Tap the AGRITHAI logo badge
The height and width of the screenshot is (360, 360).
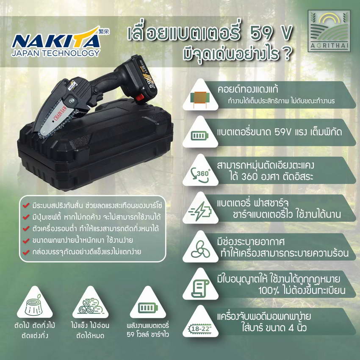pos(329,31)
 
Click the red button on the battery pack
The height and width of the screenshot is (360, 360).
pos(139,97)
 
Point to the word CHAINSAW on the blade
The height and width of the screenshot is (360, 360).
pos(60,115)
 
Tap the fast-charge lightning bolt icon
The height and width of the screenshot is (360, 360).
pos(200,211)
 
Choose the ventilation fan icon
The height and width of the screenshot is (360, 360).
pos(200,249)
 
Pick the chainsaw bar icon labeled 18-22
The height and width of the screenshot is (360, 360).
pos(200,329)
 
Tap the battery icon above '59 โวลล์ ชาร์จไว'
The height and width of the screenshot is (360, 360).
pos(148,307)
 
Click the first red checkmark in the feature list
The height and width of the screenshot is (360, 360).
pos(26,205)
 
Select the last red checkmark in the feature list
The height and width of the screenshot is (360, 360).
pos(26,252)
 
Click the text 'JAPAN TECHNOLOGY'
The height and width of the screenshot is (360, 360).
pos(56,53)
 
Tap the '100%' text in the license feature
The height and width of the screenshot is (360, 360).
pos(269,291)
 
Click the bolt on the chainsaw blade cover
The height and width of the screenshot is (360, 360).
pos(72,100)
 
